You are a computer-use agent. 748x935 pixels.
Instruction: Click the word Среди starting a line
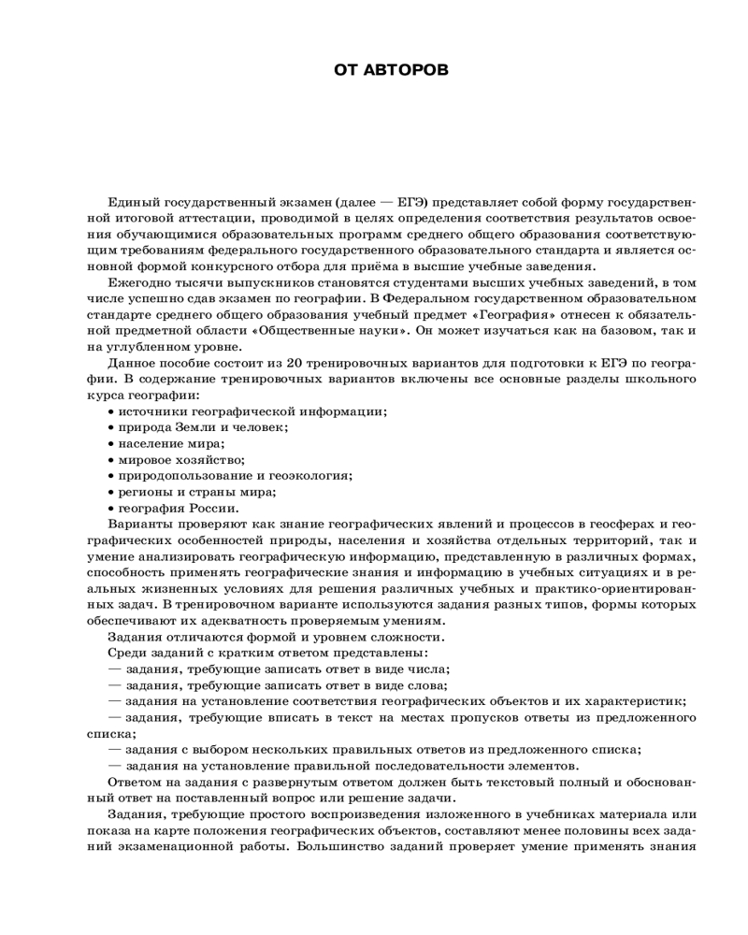click(x=130, y=653)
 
